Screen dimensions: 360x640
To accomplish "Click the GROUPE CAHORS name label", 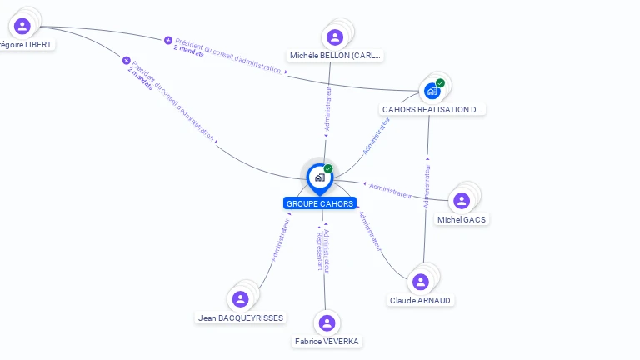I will pyautogui.click(x=320, y=203).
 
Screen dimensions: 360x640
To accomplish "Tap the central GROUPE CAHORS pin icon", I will pyautogui.click(x=319, y=177).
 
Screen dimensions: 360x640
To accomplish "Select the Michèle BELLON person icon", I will pyautogui.click(x=335, y=37).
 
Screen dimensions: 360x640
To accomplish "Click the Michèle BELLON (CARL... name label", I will pyautogui.click(x=335, y=56).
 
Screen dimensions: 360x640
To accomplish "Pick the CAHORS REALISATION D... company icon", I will pyautogui.click(x=432, y=91).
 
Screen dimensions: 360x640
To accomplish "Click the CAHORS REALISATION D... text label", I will pyautogui.click(x=432, y=109).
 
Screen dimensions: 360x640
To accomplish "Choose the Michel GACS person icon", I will pyautogui.click(x=462, y=201).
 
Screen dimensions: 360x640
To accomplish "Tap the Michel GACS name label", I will pyautogui.click(x=462, y=219).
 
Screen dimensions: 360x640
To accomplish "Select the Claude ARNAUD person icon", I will pyautogui.click(x=421, y=282).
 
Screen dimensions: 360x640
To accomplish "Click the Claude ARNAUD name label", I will pyautogui.click(x=422, y=300).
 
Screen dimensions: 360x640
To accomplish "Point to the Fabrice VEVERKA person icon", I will pyautogui.click(x=327, y=322).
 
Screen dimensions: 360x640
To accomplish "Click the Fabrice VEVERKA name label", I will pyautogui.click(x=327, y=341).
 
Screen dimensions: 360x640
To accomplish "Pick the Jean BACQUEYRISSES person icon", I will pyautogui.click(x=241, y=298).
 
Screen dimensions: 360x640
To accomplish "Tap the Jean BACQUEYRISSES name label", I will pyautogui.click(x=241, y=317).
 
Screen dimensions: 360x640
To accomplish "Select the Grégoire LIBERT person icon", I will pyautogui.click(x=22, y=26).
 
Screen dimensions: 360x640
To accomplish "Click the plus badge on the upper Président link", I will pyautogui.click(x=168, y=40).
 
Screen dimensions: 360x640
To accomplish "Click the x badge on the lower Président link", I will pyautogui.click(x=127, y=60).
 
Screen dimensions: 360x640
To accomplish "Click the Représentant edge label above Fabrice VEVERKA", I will pyautogui.click(x=319, y=251).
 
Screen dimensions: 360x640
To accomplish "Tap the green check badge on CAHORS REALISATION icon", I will pyautogui.click(x=440, y=82).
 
